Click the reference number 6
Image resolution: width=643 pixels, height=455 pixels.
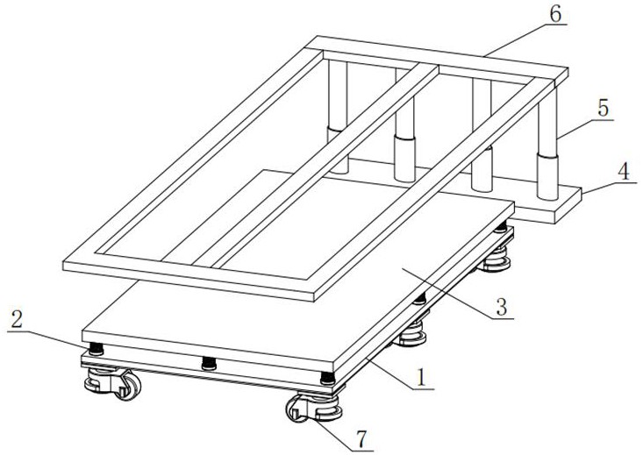[554, 14]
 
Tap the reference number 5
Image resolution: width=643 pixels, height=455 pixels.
[604, 109]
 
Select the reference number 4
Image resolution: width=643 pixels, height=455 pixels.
[624, 173]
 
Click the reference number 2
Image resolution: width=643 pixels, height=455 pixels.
[17, 319]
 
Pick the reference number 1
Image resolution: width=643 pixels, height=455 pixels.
[422, 378]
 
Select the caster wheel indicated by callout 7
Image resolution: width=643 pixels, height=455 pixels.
[314, 408]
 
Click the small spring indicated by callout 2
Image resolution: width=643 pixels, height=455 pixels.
[96, 349]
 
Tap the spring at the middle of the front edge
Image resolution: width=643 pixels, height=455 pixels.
[209, 364]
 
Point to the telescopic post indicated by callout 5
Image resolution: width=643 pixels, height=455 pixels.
[547, 144]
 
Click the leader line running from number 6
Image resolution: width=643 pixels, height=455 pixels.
[525, 39]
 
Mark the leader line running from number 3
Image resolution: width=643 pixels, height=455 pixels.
[458, 293]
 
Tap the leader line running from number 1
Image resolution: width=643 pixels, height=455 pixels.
[400, 373]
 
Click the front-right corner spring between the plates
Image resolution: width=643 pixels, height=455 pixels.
[328, 378]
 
